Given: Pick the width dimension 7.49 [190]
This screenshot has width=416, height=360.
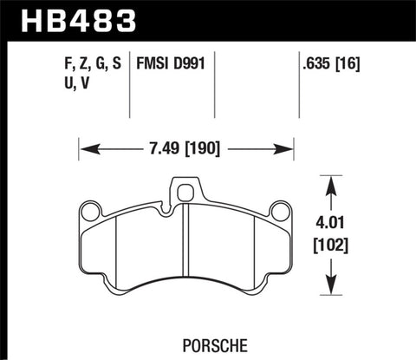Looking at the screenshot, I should pos(186,147).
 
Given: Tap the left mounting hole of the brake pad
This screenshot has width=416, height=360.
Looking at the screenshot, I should pos(90,211).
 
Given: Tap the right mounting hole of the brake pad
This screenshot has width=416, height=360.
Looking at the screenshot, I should pos(279,211).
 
